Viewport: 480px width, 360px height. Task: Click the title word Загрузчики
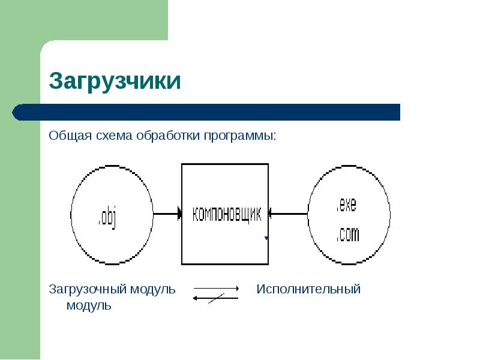pos(115,81)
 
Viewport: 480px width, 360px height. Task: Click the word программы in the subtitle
pos(240,136)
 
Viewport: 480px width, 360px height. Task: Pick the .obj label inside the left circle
pos(109,217)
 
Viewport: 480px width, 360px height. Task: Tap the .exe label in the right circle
pos(346,205)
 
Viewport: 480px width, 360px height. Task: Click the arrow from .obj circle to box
pos(168,213)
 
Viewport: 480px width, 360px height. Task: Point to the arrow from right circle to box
pos(288,213)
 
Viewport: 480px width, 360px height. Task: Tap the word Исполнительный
pos(308,289)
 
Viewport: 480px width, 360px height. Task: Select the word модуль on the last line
pos(88,305)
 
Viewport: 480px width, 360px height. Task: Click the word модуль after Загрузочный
pos(154,289)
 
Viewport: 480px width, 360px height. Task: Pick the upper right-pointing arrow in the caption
pos(216,289)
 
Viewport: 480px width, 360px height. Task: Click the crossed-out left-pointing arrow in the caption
pos(215,298)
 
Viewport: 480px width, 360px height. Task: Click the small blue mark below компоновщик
pos(266,238)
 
